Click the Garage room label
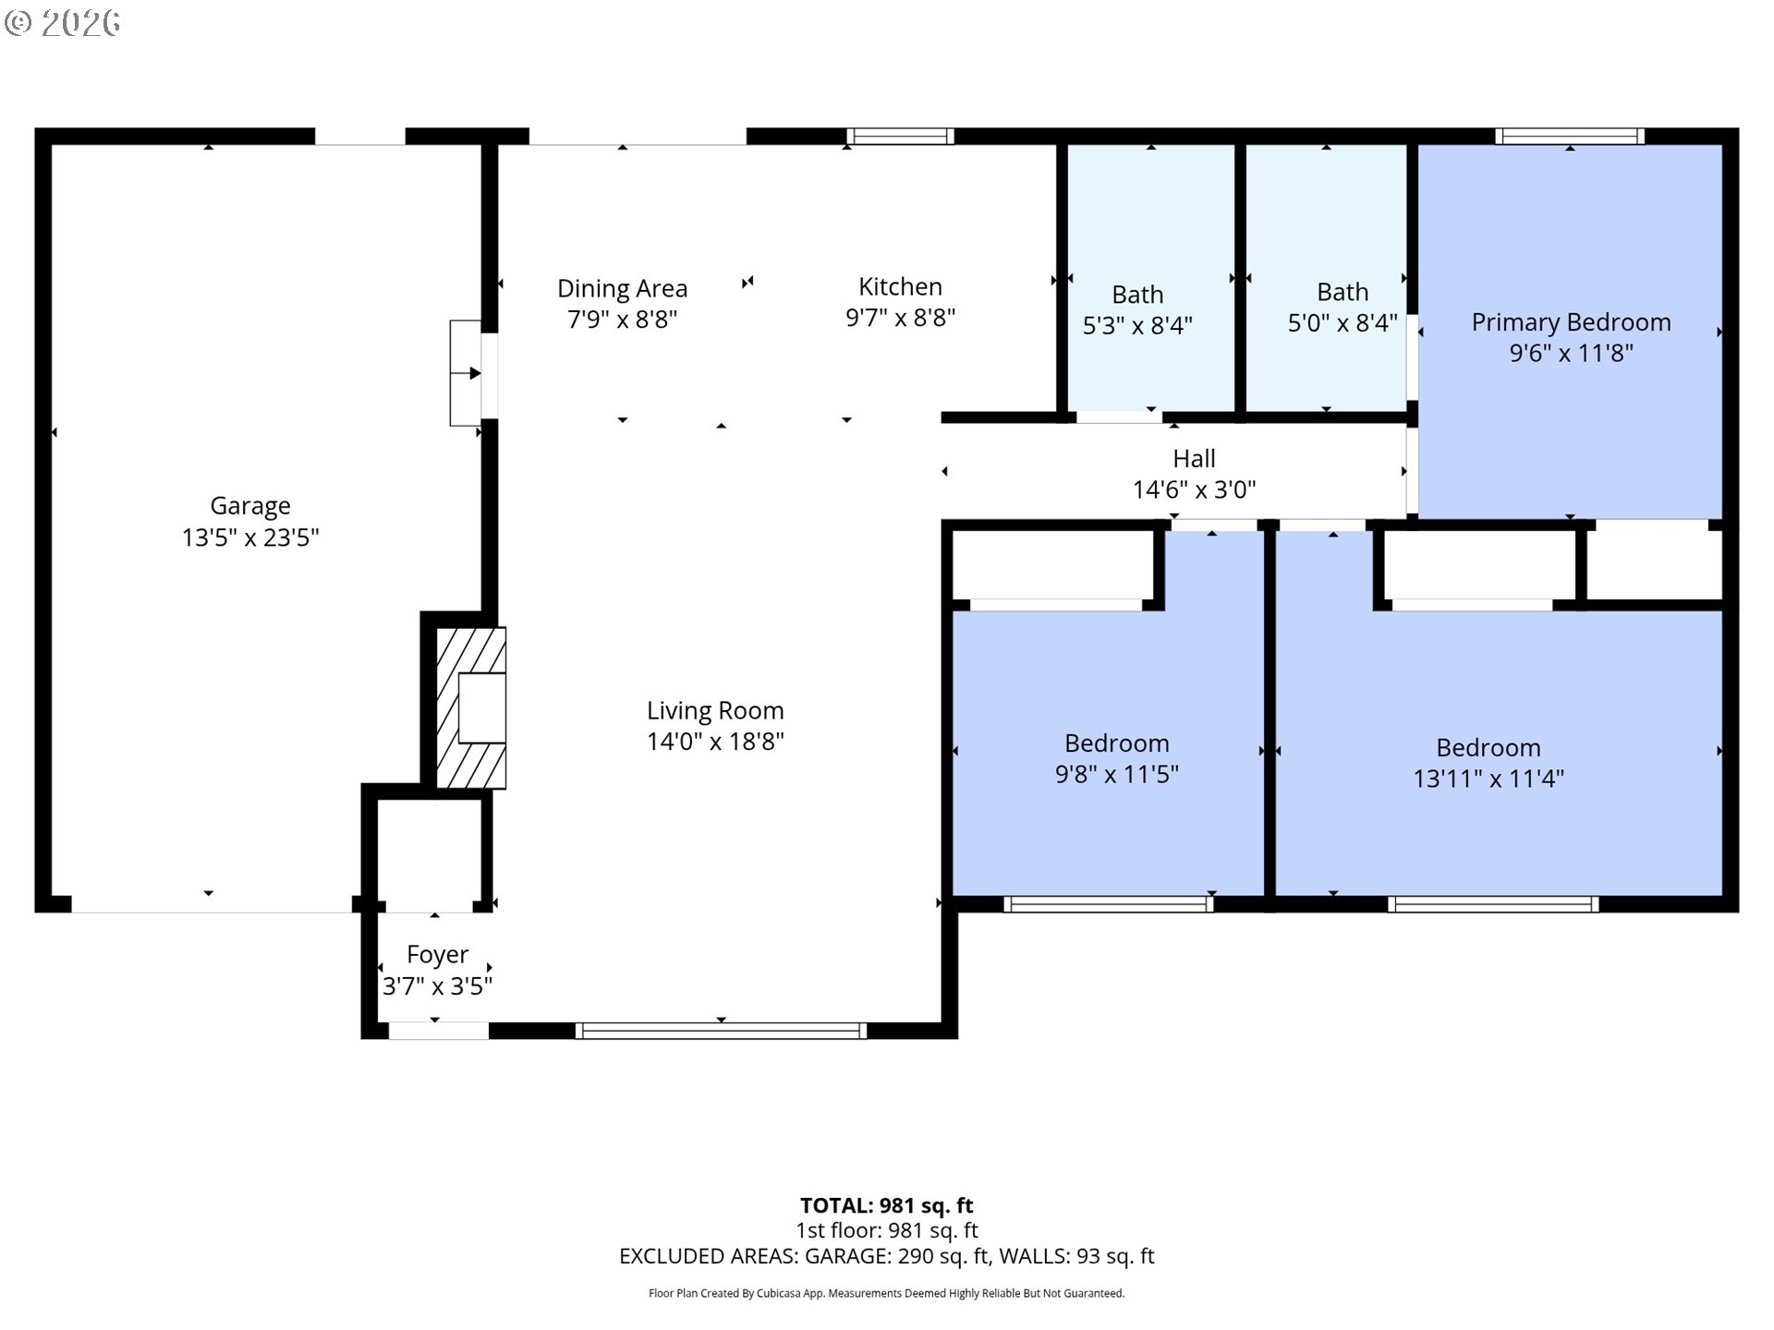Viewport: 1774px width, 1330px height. (250, 506)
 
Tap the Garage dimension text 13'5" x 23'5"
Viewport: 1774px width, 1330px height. (250, 538)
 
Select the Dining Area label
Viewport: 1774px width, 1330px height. (622, 289)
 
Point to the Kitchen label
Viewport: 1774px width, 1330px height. (900, 286)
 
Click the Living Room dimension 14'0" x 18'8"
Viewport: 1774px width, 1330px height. (715, 741)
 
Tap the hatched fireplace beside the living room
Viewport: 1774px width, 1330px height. (470, 708)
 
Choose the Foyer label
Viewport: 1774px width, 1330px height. (437, 954)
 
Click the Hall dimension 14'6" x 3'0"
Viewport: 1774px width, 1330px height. (1194, 490)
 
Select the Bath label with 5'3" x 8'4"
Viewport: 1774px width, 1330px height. (1137, 295)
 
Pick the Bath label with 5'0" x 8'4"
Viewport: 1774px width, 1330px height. (1343, 292)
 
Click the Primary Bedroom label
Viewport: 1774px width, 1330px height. (1571, 322)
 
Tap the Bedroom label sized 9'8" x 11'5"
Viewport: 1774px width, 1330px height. (1116, 744)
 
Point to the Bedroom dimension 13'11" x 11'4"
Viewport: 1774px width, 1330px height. (1488, 779)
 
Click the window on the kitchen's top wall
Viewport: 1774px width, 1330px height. (900, 137)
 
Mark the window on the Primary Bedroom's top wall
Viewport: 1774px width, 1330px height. (1570, 137)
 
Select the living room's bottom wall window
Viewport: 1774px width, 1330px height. (721, 1031)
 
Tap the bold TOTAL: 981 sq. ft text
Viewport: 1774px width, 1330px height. (886, 1205)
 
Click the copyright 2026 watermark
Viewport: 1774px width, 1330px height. (63, 23)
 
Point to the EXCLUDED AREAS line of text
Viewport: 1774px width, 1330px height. (886, 1256)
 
